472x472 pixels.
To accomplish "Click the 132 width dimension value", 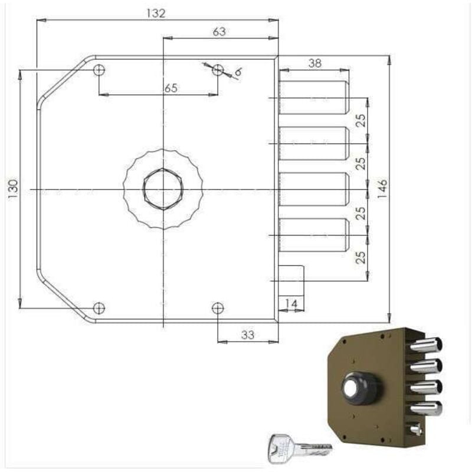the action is (156, 14).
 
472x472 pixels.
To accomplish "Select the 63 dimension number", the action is (219, 32).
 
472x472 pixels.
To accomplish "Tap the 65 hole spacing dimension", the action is (171, 88).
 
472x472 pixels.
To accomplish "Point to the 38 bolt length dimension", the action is (315, 63).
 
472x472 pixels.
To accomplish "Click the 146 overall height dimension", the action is (382, 189).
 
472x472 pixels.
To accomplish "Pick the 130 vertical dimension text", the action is (13, 189).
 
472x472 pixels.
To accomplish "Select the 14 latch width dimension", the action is (291, 303).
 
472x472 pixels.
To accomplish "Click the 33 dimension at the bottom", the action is (248, 335).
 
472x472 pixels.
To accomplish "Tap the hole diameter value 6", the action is (238, 72).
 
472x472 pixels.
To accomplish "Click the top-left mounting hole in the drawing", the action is (99, 70).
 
